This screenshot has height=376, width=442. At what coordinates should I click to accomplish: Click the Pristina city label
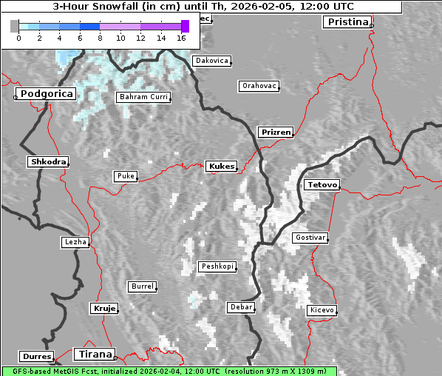(347, 22)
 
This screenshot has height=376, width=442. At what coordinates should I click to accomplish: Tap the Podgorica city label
(46, 94)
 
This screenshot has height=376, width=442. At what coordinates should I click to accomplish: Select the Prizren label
(276, 132)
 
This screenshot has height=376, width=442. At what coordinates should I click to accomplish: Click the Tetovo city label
(322, 184)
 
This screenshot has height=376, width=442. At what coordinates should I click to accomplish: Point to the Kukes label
(222, 167)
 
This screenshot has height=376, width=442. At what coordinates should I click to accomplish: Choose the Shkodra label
(48, 161)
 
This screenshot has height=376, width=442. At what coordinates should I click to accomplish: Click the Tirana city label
(94, 354)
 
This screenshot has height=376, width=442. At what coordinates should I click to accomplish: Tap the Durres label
(36, 357)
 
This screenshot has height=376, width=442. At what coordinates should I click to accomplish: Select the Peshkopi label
(217, 266)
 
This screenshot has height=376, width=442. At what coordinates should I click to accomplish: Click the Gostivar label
(310, 238)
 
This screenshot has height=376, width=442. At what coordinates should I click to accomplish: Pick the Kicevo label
(322, 310)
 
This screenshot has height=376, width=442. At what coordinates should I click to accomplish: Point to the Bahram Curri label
(143, 97)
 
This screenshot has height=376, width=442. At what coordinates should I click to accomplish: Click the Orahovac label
(259, 86)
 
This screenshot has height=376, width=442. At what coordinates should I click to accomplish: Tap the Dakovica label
(211, 61)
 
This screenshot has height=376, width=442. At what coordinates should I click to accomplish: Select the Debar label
(241, 307)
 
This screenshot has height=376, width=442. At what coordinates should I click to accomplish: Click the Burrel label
(142, 286)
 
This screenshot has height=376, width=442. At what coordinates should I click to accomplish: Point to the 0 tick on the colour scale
(18, 38)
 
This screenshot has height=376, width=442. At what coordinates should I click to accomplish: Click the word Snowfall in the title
(118, 7)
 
